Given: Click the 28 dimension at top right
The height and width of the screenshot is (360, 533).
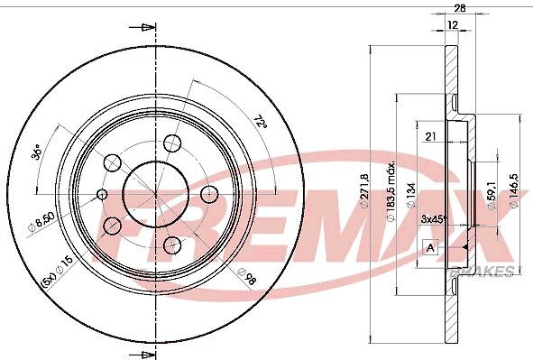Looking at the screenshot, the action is point(460,8).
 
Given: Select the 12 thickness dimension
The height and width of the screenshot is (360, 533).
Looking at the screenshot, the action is point(453,24).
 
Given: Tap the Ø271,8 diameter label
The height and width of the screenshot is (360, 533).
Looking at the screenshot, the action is point(364,189).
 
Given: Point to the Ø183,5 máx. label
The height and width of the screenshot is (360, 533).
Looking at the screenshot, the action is point(391,191).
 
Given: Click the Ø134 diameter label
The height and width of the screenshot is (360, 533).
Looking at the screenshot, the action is point(411,196).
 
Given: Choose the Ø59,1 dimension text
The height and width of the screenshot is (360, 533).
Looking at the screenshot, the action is point(492,195).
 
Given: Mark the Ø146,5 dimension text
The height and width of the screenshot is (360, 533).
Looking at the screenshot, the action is point(514,190).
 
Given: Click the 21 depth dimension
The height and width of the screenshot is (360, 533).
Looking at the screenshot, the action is point(431,136).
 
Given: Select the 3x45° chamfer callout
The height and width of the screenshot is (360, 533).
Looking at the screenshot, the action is point(433,219).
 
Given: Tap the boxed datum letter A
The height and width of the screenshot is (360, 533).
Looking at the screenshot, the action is point(430,248).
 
